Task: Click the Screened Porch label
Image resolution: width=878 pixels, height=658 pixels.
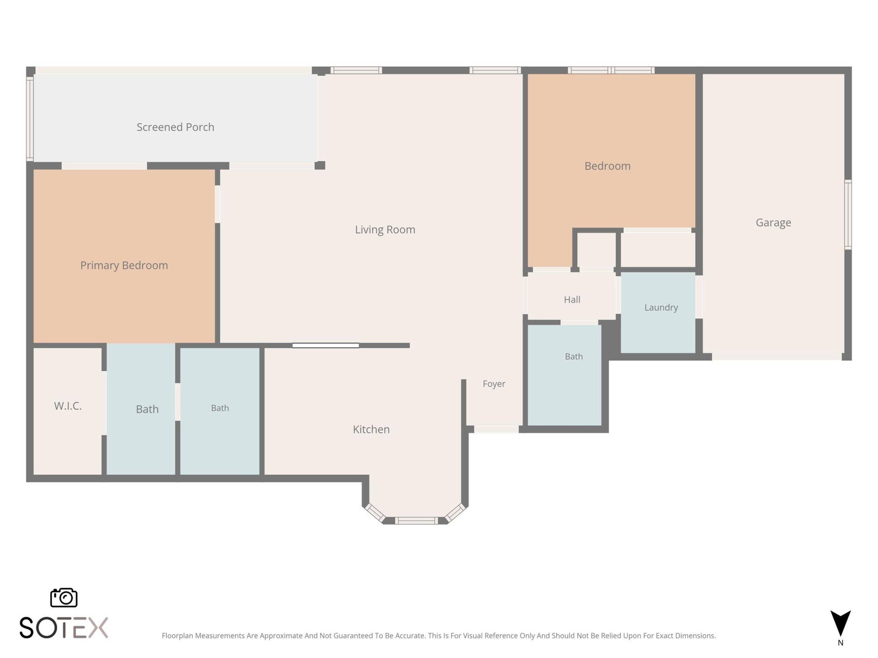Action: (175, 127)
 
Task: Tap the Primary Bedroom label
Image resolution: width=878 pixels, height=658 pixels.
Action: (124, 265)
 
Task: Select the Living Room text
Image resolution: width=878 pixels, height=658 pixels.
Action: (385, 229)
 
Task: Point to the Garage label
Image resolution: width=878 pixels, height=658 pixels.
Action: (773, 223)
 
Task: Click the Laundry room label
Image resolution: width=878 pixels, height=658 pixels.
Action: (661, 308)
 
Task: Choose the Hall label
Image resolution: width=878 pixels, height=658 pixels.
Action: (572, 300)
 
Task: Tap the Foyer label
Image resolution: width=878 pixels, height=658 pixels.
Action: (494, 384)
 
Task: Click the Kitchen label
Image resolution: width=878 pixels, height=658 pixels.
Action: (371, 430)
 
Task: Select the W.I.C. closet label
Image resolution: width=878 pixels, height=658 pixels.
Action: (68, 406)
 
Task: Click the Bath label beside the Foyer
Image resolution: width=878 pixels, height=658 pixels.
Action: (573, 356)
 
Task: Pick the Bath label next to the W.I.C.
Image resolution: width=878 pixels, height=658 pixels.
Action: (147, 409)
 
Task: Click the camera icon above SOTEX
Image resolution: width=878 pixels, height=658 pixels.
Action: (64, 597)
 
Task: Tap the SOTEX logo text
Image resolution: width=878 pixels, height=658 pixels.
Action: (64, 627)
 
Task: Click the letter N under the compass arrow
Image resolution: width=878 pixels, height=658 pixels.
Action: (841, 643)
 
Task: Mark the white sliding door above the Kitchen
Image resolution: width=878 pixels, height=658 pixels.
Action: (326, 345)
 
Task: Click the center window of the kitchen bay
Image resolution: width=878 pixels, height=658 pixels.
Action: (416, 520)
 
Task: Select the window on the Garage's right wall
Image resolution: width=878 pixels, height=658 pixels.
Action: (848, 214)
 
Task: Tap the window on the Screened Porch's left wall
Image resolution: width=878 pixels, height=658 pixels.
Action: (30, 118)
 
